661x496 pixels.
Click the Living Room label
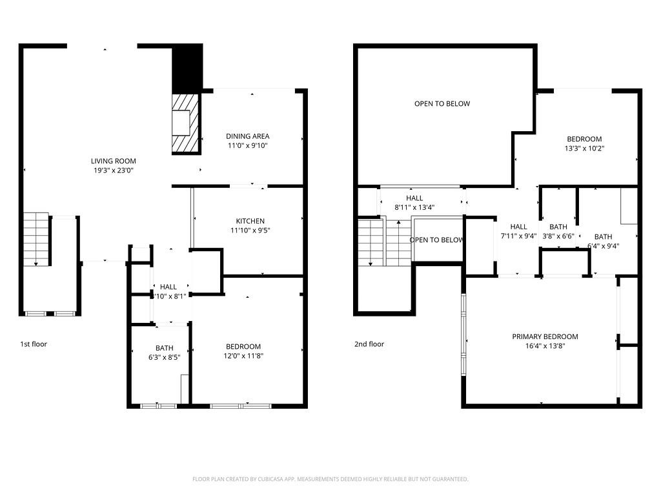click(x=113, y=161)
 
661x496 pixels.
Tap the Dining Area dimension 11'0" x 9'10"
click(x=247, y=146)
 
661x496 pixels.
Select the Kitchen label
click(x=250, y=221)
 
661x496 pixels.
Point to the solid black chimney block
click(x=187, y=68)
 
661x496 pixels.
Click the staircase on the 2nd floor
click(x=371, y=242)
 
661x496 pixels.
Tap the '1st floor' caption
click(x=34, y=344)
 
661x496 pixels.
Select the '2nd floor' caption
click(x=369, y=344)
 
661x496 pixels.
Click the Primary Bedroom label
click(x=545, y=336)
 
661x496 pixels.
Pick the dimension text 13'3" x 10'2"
click(x=584, y=149)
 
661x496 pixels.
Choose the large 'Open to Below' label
click(x=442, y=103)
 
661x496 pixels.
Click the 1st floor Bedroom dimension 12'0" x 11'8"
click(x=243, y=356)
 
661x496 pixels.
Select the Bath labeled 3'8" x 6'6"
click(x=558, y=231)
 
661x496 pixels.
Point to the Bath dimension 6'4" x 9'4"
click(x=603, y=246)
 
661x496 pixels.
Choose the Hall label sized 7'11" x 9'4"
click(x=518, y=231)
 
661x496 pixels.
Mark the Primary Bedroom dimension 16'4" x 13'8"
click(x=545, y=346)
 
